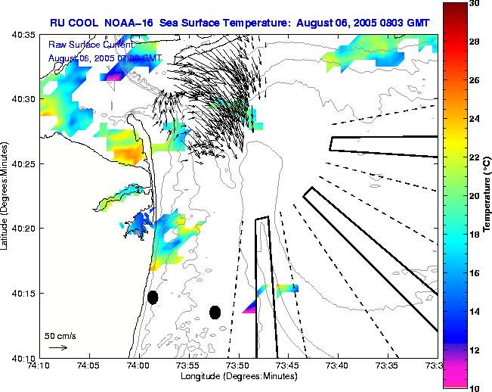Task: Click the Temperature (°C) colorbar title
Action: tap(487, 196)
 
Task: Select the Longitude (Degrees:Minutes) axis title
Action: tap(239, 376)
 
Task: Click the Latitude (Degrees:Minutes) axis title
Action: tap(6, 196)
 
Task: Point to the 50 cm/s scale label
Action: tap(60, 335)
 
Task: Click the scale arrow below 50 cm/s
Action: tap(57, 347)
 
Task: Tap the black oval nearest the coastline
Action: tap(153, 297)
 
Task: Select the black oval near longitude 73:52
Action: tap(215, 312)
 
